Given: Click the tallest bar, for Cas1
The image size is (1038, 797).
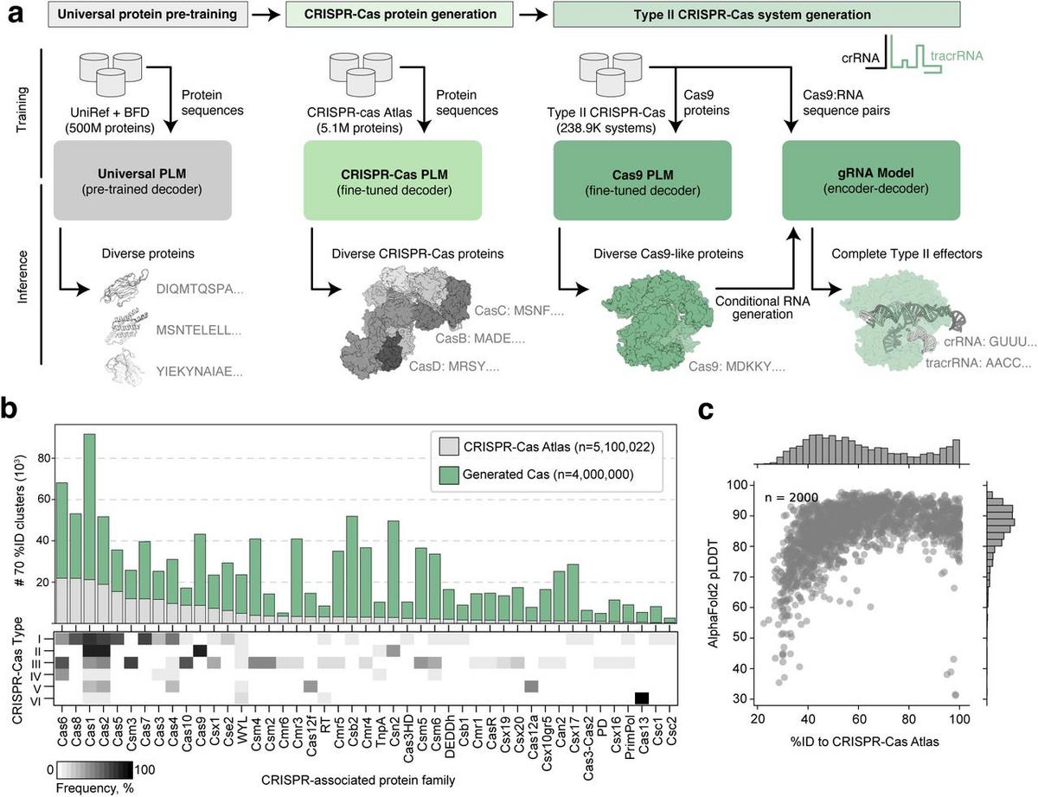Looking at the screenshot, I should tap(89, 527).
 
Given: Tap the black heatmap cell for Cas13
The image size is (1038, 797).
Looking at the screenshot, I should tap(642, 698).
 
